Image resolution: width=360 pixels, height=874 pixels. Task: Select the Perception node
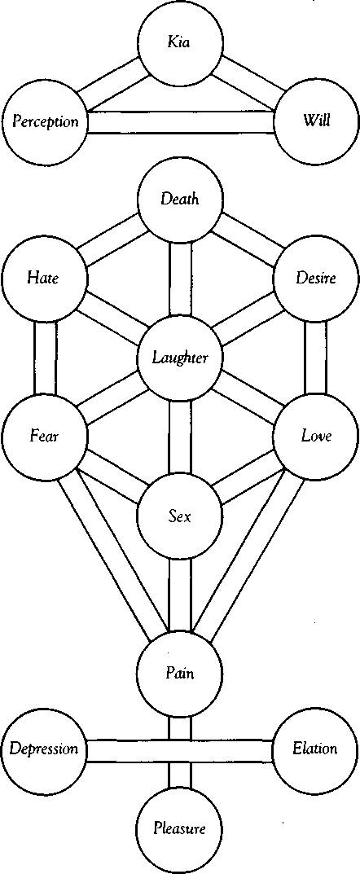[45, 122]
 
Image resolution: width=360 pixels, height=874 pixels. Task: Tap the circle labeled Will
[316, 121]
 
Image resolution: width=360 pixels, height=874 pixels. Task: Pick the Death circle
[180, 199]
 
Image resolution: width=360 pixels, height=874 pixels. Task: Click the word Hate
[44, 278]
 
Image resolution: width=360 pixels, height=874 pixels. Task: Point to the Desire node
[316, 278]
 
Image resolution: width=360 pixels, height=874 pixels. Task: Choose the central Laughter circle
[180, 358]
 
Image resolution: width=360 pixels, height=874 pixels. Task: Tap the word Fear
[44, 435]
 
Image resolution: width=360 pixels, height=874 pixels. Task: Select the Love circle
[316, 435]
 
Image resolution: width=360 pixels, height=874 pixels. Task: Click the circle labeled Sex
[180, 516]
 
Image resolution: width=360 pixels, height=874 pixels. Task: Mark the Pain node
[180, 674]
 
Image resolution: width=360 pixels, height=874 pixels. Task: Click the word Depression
[44, 749]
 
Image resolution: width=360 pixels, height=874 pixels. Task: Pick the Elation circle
[315, 749]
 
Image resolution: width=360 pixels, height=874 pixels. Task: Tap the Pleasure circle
[180, 829]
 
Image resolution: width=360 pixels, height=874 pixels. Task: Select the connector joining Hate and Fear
[45, 357]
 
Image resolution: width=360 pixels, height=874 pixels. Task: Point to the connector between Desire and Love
[316, 357]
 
